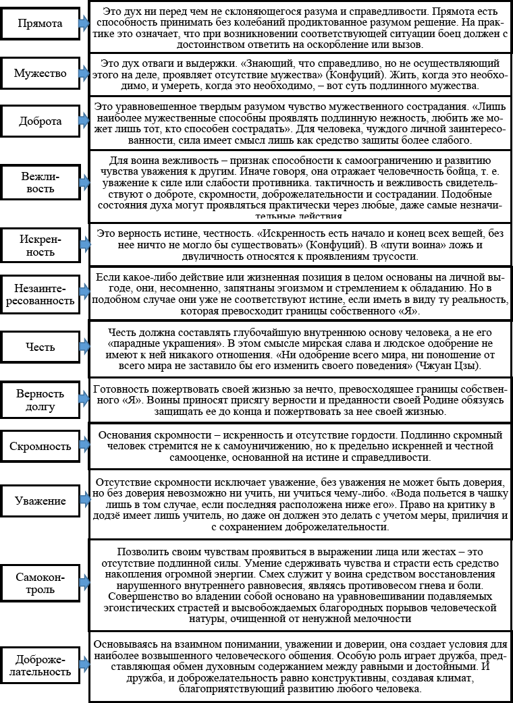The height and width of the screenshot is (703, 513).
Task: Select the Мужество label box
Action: pos(40,74)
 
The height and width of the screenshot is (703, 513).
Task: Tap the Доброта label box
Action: pos(40,122)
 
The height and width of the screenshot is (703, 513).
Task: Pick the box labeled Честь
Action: pos(40,347)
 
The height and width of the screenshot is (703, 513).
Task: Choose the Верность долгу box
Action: pos(40,399)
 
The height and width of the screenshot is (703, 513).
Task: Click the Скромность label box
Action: pos(40,447)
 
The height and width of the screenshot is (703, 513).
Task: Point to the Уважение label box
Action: pos(40,501)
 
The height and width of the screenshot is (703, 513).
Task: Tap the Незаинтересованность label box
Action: pos(40,294)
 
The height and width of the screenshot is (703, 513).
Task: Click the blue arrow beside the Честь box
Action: pos(83,347)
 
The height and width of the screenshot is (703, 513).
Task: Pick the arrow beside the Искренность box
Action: pos(83,245)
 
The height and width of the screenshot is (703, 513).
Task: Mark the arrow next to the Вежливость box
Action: pos(83,182)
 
